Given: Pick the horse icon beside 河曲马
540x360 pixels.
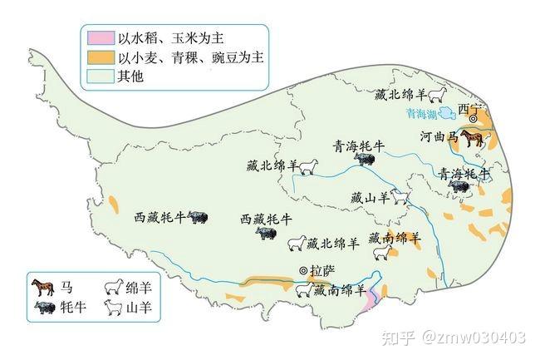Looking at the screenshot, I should [x=473, y=136].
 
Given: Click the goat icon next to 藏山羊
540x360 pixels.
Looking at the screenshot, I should [x=400, y=198].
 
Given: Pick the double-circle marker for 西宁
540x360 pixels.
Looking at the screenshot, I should [x=474, y=120].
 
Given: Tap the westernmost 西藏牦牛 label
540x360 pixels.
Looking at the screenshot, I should [x=160, y=219].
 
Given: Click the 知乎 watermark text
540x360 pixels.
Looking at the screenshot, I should [x=398, y=338].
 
